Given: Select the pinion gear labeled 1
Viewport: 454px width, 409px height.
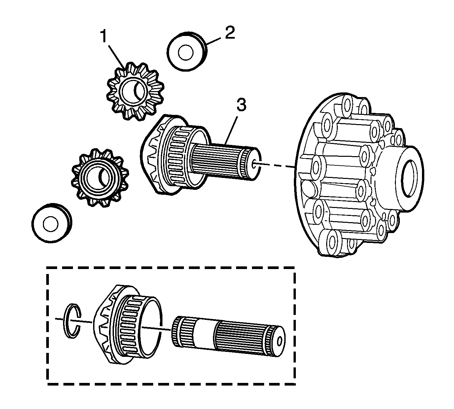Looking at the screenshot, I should (x=135, y=91).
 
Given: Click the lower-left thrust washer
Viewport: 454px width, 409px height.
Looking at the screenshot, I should (x=51, y=223).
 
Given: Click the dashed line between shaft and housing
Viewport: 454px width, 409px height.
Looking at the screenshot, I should (x=277, y=165).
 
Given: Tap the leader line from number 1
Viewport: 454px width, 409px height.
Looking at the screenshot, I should (x=116, y=54).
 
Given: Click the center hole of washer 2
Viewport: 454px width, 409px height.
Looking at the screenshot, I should (x=186, y=53).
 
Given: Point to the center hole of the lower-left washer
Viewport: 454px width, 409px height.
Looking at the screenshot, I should (x=50, y=224).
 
